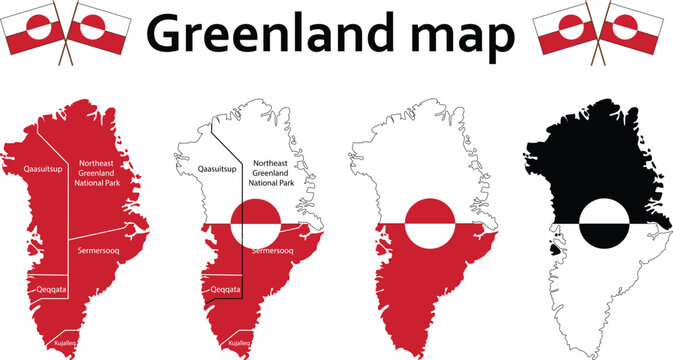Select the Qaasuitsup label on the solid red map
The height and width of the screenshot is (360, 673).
click(x=42, y=170)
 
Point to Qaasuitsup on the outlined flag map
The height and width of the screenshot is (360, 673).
click(x=217, y=170)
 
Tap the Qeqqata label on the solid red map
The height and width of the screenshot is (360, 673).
click(x=48, y=289)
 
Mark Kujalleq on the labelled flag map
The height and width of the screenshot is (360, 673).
click(x=241, y=342)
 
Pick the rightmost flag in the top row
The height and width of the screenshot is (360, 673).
click(x=644, y=28)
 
